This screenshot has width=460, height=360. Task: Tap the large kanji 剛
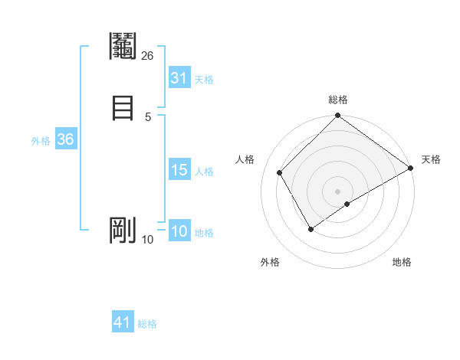[123, 230]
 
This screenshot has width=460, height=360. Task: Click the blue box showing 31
[179, 78]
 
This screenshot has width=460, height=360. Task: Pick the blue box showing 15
[179, 171]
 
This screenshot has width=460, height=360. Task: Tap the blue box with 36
[65, 140]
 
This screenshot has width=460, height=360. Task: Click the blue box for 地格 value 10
[179, 232]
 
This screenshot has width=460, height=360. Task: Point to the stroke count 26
[148, 55]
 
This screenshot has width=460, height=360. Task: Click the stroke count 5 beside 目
[148, 116]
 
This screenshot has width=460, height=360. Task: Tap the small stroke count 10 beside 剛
[148, 240]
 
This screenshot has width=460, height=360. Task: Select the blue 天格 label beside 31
[204, 80]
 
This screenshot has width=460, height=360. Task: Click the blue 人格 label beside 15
[204, 172]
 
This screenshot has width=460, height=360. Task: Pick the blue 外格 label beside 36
[41, 141]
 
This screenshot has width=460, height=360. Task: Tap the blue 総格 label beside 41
[147, 324]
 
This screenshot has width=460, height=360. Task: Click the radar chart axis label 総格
[337, 100]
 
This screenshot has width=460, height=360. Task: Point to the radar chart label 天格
[431, 159]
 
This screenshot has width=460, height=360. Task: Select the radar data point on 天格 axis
[411, 168]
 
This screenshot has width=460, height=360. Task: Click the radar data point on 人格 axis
[280, 172]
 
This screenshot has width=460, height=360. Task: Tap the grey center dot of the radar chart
[337, 191]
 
